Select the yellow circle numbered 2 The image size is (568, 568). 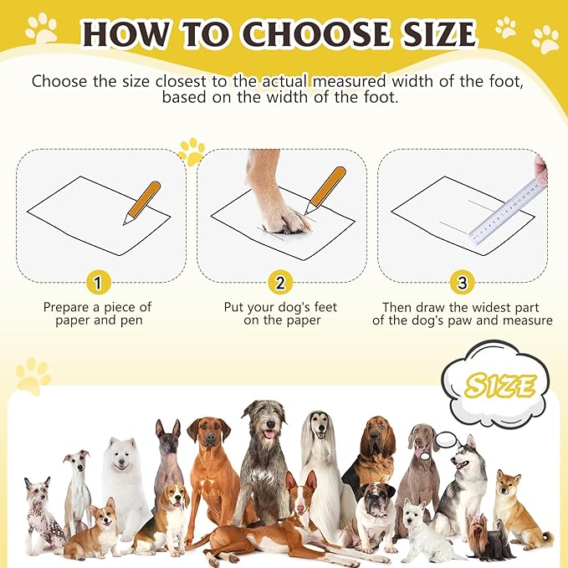(x=280, y=284)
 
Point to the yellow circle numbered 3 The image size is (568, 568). (x=462, y=284)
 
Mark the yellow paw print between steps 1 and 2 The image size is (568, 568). (x=192, y=151)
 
